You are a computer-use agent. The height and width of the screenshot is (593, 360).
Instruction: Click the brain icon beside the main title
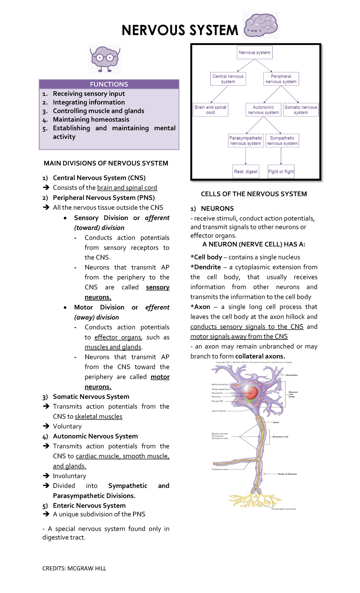pyautogui.click(x=260, y=25)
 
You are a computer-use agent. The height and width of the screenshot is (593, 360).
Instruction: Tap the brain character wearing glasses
pyautogui.click(x=105, y=59)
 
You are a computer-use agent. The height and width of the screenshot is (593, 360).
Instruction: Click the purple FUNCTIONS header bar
pyautogui.click(x=109, y=84)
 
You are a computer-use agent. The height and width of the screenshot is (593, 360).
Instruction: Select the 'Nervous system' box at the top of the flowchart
pyautogui.click(x=254, y=53)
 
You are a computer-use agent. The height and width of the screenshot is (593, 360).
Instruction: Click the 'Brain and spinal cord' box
pyautogui.click(x=210, y=110)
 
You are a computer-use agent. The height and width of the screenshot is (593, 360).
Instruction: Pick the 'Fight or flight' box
pyautogui.click(x=281, y=171)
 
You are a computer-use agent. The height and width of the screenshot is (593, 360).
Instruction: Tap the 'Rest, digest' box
pyautogui.click(x=246, y=171)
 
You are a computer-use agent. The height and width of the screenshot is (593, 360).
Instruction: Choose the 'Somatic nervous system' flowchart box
pyautogui.click(x=301, y=110)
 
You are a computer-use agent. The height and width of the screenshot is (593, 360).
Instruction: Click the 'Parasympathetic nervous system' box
pyautogui.click(x=246, y=140)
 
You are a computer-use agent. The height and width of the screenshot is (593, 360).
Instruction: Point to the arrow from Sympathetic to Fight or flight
pyautogui.click(x=281, y=156)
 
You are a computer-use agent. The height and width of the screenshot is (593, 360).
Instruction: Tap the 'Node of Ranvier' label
pyautogui.click(x=287, y=474)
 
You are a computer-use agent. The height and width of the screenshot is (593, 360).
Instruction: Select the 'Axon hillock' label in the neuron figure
pyautogui.click(x=219, y=411)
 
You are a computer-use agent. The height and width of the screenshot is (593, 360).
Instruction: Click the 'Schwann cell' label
pyautogui.click(x=280, y=437)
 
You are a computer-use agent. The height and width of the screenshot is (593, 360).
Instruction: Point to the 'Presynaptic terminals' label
pyautogui.click(x=284, y=509)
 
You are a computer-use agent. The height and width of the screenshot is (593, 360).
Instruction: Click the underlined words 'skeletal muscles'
pyautogui.click(x=98, y=417)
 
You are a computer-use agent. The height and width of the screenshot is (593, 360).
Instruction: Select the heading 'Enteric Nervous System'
pyautogui.click(x=89, y=506)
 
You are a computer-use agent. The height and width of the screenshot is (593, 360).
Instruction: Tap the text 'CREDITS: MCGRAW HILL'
pyautogui.click(x=74, y=568)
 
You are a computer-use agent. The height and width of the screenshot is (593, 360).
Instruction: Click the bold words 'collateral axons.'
pyautogui.click(x=260, y=356)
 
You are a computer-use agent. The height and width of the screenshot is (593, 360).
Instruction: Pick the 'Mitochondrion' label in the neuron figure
pyautogui.click(x=220, y=384)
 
